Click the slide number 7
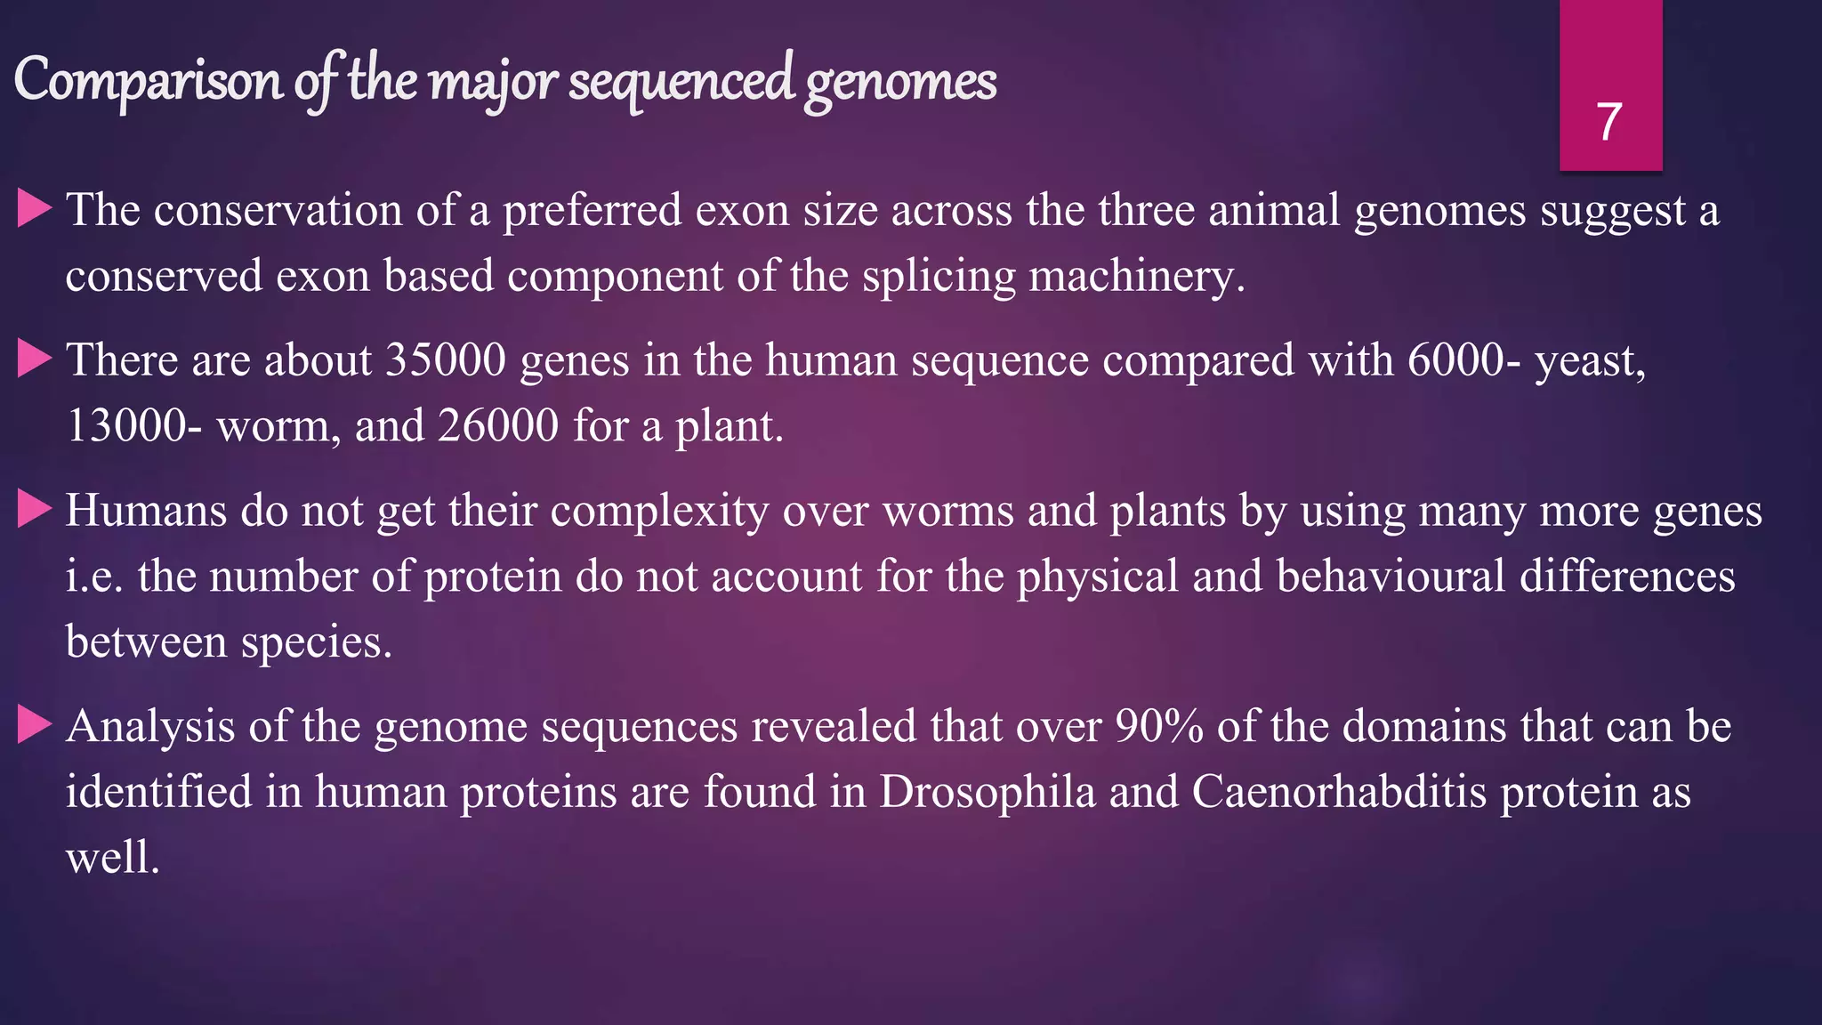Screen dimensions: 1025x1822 [x=1608, y=122]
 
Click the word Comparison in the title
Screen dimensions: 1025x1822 [x=148, y=80]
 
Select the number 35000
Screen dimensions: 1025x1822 [x=446, y=360]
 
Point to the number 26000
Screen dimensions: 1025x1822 [x=497, y=426]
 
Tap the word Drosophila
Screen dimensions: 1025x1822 [x=987, y=792]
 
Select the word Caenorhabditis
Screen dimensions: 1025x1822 [x=1339, y=792]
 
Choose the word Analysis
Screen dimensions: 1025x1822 [x=150, y=727]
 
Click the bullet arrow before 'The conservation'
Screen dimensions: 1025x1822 [x=35, y=210]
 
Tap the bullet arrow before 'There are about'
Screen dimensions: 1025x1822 [x=35, y=360]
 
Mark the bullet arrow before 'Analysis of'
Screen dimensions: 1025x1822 [x=35, y=726]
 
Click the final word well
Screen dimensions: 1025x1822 [x=112, y=858]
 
